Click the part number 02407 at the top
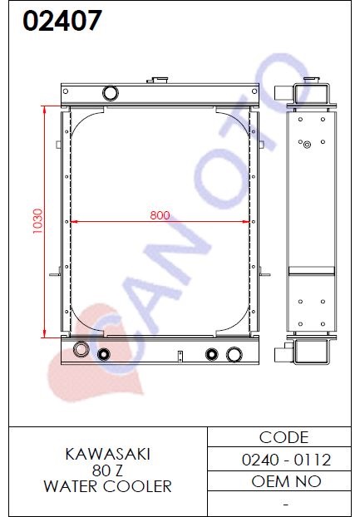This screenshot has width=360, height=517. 62,21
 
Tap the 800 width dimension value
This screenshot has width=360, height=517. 160,215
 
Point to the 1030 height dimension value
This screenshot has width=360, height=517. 37,221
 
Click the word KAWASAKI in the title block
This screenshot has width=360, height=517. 108,454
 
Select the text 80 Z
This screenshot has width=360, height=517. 107,470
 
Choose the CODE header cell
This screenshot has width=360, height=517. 284,437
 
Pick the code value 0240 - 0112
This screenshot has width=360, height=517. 286,460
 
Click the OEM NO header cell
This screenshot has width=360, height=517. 286,481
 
